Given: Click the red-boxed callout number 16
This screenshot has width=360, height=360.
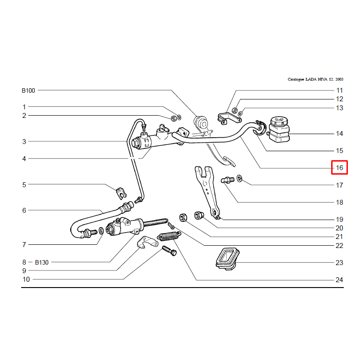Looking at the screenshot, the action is click(339, 168).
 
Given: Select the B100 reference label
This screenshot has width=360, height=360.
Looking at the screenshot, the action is click(28, 90).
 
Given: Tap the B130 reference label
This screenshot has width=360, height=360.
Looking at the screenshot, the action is click(41, 262).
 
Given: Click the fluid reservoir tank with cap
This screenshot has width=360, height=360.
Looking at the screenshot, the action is click(279, 129).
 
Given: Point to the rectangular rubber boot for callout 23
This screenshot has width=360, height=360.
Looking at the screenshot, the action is click(228, 259).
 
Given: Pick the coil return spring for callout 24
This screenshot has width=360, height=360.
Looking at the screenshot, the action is click(169, 236).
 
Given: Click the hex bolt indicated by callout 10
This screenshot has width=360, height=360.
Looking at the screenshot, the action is click(169, 251).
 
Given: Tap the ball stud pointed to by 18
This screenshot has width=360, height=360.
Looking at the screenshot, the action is click(228, 180).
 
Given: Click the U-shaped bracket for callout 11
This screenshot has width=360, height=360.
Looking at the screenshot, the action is click(229, 118).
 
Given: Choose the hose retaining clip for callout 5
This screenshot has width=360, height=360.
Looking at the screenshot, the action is click(121, 193).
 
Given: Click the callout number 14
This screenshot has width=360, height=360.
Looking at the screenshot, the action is click(339, 134).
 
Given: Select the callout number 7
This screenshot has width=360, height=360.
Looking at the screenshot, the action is click(24, 245).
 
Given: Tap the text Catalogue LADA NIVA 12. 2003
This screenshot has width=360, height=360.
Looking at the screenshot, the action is click(315, 79).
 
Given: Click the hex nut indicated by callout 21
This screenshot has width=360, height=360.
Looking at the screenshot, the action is click(183, 217).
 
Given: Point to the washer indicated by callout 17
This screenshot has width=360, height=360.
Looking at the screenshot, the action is click(239, 178).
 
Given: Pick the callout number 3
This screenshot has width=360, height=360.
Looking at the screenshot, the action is click(24, 142).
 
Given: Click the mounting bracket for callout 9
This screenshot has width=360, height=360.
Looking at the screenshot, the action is click(148, 243).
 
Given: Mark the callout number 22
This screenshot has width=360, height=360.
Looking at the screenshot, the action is click(339, 246).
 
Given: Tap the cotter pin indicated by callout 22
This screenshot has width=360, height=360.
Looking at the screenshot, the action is click(171, 226).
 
